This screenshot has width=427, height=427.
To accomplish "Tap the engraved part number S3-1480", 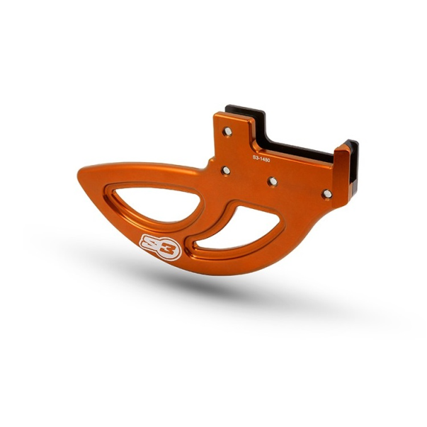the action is tap(261, 159).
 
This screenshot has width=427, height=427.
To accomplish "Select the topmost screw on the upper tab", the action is tap(227, 131).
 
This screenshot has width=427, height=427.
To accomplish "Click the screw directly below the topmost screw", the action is tap(226, 171).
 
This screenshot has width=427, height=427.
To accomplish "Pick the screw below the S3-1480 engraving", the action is tap(273, 181).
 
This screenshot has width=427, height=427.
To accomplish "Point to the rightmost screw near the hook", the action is tap(327, 194).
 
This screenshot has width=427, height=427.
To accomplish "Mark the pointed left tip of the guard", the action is tap(79, 172).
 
